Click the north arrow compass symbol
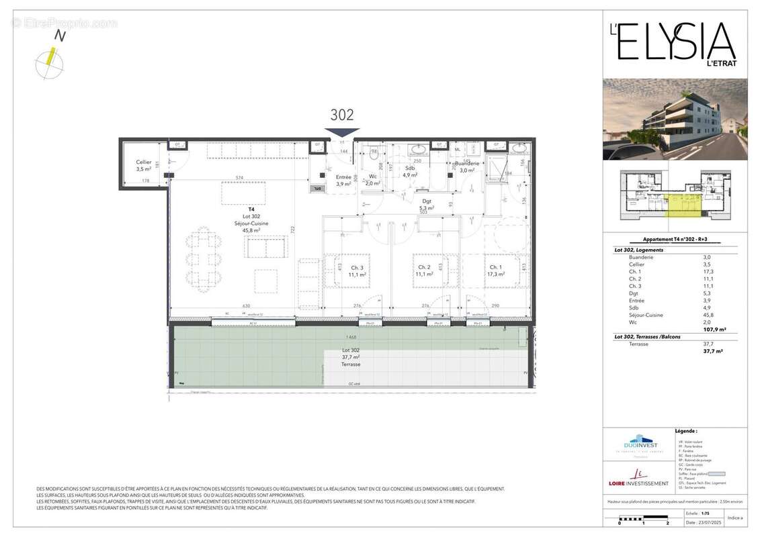click(49, 62)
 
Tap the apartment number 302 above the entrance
click(341, 115)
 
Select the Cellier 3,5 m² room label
click(143, 166)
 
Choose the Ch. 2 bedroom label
click(423, 271)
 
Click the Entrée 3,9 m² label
click(343, 180)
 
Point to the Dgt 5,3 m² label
click(426, 204)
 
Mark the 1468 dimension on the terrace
click(351, 336)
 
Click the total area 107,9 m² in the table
click(712, 330)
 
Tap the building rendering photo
click(675, 119)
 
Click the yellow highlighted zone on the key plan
click(683, 205)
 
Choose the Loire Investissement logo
click(638, 479)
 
